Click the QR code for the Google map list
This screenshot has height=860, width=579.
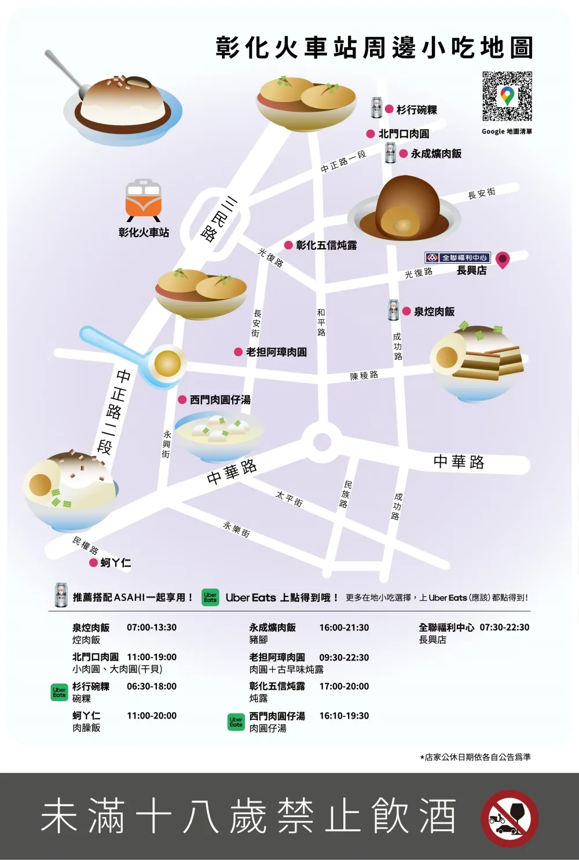[507, 96]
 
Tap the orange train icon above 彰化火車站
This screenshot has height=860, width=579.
[143, 200]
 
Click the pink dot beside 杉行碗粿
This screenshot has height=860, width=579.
[390, 109]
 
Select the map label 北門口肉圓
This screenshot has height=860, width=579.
[404, 134]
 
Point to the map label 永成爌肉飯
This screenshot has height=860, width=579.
[436, 154]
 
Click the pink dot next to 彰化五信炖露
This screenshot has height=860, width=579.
[288, 245]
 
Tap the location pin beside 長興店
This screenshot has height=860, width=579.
[503, 260]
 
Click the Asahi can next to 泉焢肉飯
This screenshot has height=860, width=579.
[394, 311]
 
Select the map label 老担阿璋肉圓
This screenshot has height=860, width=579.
[277, 352]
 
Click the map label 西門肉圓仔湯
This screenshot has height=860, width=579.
[220, 400]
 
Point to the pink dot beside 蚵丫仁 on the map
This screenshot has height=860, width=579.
[93, 563]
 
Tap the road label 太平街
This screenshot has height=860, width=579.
[289, 498]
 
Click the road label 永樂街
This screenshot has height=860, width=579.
[237, 529]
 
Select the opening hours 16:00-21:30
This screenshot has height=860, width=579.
[344, 628]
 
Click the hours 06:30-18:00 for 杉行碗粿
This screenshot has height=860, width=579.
[152, 686]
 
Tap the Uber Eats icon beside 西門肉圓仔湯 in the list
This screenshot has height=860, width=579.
[236, 721]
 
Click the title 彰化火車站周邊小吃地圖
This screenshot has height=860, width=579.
[374, 48]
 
